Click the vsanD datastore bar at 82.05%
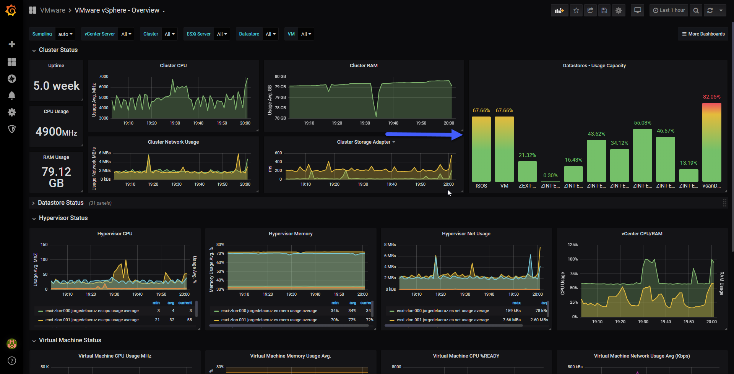click(x=711, y=142)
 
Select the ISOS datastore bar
click(x=481, y=149)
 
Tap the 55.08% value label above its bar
click(x=642, y=123)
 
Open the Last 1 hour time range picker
click(x=669, y=10)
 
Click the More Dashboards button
click(x=703, y=34)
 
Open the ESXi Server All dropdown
click(x=222, y=34)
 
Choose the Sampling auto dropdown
click(x=65, y=34)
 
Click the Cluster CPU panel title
click(x=173, y=66)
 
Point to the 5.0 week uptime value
click(x=56, y=86)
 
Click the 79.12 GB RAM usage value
click(x=56, y=177)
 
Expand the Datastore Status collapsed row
click(x=60, y=203)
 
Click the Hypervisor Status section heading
click(x=63, y=218)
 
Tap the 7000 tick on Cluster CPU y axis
click(x=104, y=76)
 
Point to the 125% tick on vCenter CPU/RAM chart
click(x=573, y=244)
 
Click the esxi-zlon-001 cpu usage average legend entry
click(x=92, y=320)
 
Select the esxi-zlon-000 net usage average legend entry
click(x=443, y=311)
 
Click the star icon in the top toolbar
click(x=576, y=10)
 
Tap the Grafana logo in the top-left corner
click(x=11, y=10)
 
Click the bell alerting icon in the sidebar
click(x=12, y=95)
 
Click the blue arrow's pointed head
click(x=462, y=134)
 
